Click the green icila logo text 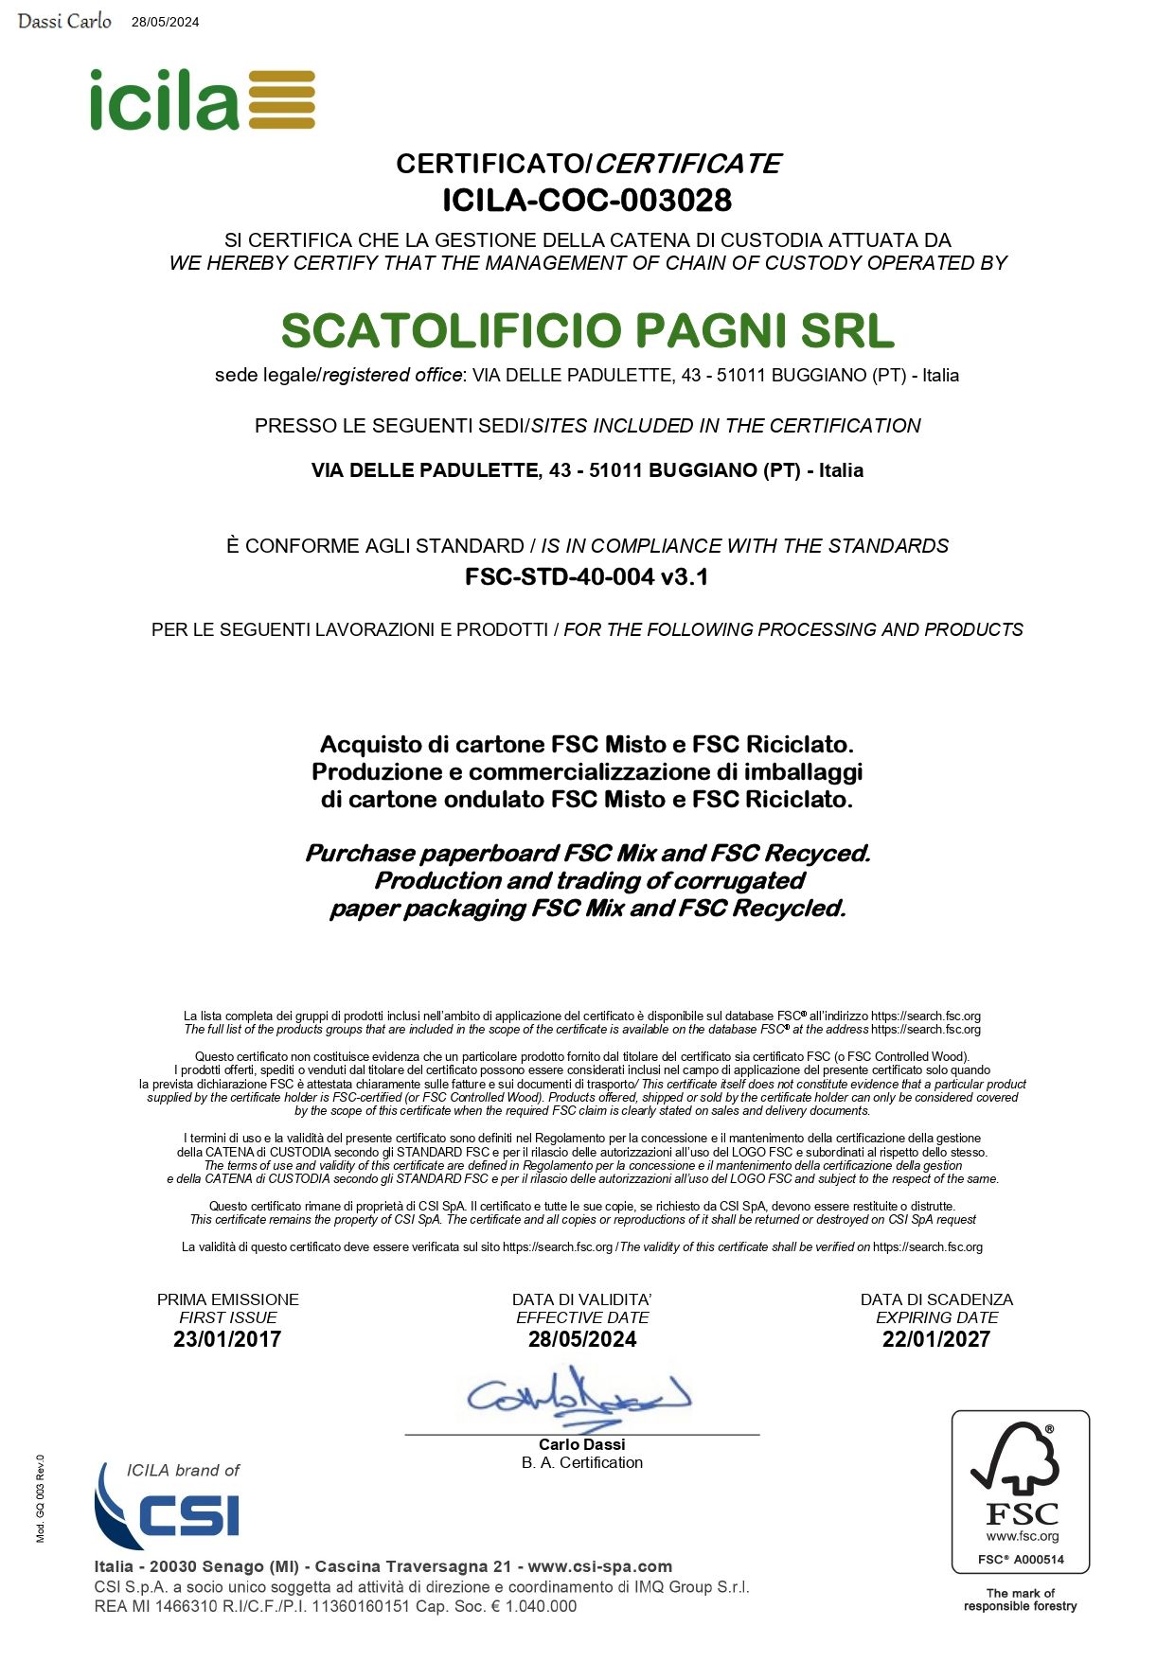click(164, 100)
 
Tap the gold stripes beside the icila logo click(281, 99)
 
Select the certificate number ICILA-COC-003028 click(587, 201)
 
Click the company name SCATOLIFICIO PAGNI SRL click(587, 330)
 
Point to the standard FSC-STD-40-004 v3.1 click(586, 576)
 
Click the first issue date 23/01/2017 click(227, 1339)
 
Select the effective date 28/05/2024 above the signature click(582, 1339)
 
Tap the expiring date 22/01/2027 click(935, 1339)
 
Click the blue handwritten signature click(578, 1397)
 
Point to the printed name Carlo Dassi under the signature click(581, 1444)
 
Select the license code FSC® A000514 click(1021, 1559)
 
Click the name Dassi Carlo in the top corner click(64, 21)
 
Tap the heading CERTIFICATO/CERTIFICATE click(587, 164)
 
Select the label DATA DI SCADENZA click(935, 1299)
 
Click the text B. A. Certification click(581, 1462)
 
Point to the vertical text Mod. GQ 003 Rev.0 click(41, 1498)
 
